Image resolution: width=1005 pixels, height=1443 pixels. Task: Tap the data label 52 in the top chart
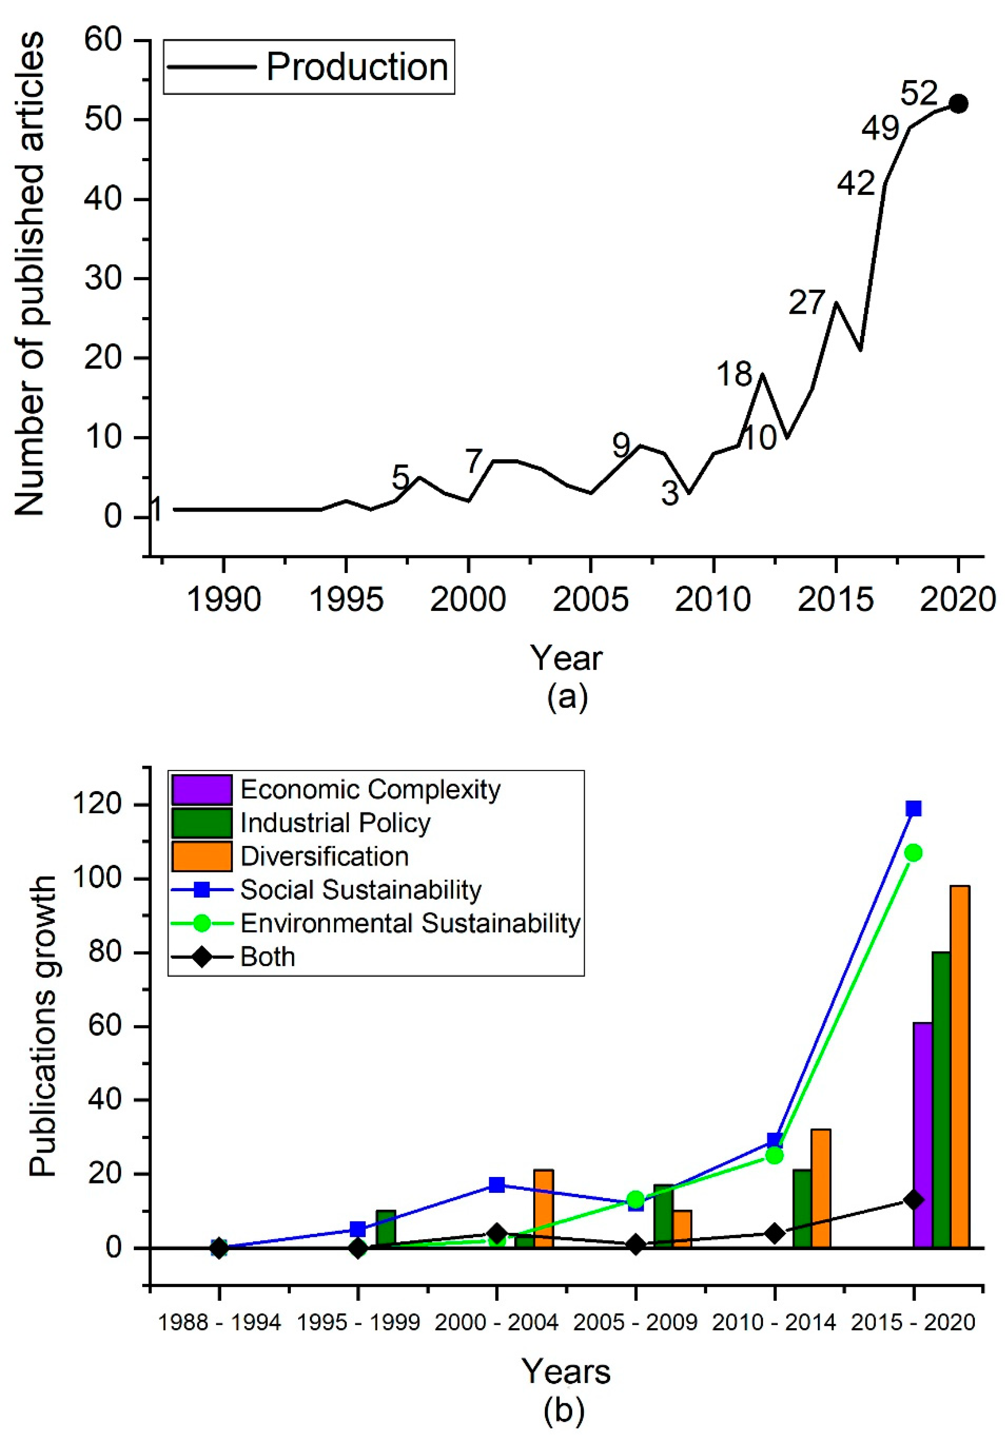tap(918, 94)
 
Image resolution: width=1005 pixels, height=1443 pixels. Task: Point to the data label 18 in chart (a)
tap(734, 375)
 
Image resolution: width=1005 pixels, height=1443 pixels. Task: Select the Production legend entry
tap(308, 67)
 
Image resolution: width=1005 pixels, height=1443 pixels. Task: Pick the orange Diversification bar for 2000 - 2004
tap(543, 1208)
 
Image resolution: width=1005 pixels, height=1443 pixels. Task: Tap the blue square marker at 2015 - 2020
tap(913, 808)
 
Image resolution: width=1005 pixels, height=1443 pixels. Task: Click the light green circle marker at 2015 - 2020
tap(913, 853)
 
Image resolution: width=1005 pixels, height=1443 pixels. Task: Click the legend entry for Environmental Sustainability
tap(409, 923)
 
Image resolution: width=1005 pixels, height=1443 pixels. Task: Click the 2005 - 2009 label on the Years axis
tap(635, 1322)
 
